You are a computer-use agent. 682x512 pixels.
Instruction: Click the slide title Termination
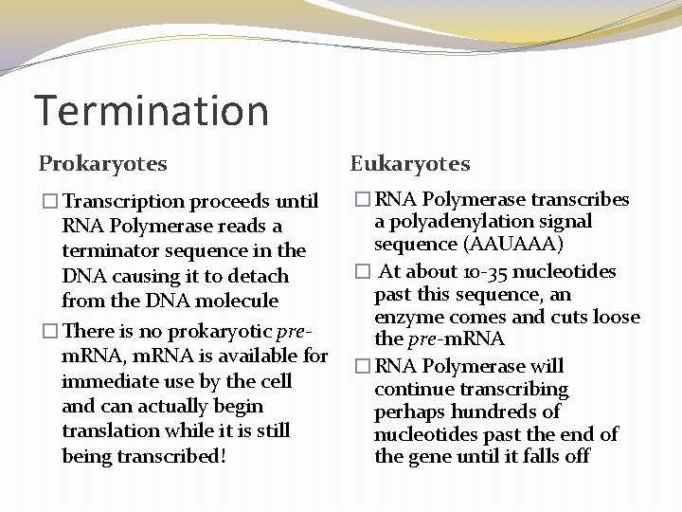click(x=152, y=110)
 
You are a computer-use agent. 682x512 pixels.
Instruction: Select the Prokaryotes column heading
click(x=102, y=163)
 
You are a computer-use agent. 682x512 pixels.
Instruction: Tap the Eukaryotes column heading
click(x=410, y=163)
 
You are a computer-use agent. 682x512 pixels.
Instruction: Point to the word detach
click(x=259, y=276)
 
